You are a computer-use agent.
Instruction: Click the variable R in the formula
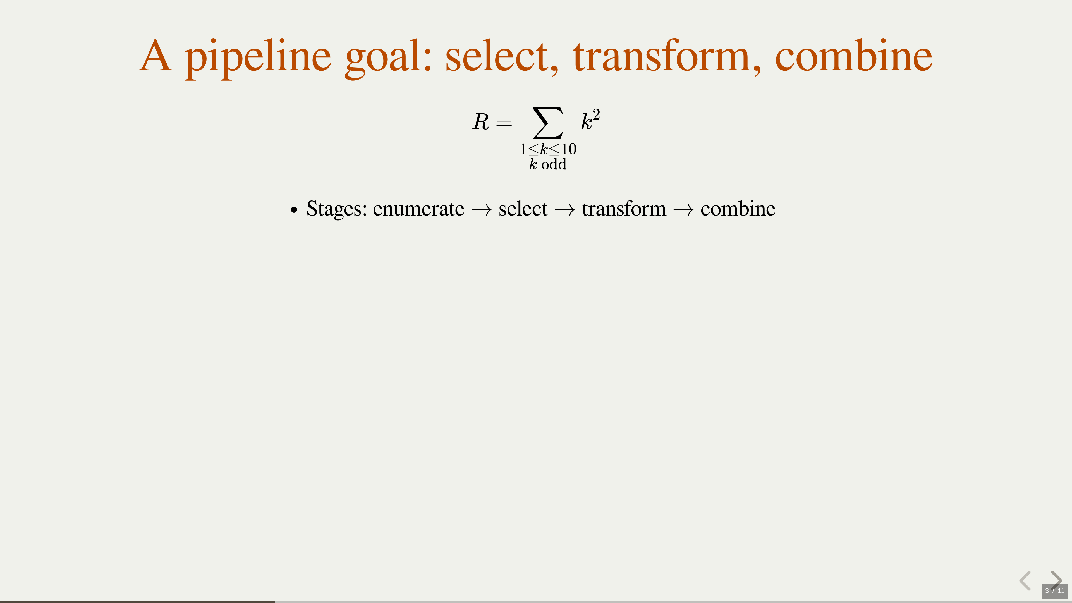point(481,122)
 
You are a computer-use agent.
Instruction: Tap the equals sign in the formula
point(504,123)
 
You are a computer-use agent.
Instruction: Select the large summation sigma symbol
point(548,123)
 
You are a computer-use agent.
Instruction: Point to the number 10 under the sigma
point(568,149)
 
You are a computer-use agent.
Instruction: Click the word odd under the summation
point(554,164)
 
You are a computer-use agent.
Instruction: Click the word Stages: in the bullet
point(337,209)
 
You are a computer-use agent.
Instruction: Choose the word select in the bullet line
point(523,209)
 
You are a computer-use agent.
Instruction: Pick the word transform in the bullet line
point(624,209)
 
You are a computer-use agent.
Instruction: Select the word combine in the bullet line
point(738,209)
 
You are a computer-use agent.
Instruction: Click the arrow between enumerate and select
point(482,210)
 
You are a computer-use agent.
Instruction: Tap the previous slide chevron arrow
point(1025,581)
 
